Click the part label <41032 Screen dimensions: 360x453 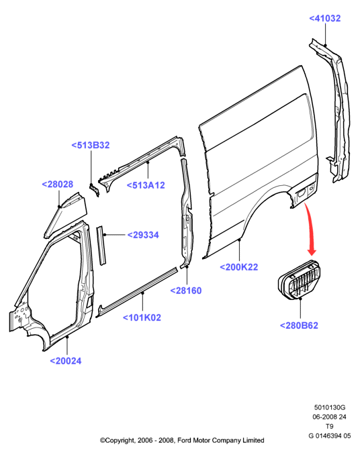pos(324,18)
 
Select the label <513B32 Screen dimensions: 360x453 pos(91,145)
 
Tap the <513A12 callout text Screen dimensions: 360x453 pos(146,185)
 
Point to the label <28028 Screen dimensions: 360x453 pos(58,185)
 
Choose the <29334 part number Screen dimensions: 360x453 pos(143,235)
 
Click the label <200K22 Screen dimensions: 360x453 pos(239,267)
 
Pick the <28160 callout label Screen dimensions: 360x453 pos(186,291)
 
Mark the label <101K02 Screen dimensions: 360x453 pos(142,317)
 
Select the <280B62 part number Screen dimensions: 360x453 pos(299,325)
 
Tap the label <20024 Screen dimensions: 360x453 pos(66,361)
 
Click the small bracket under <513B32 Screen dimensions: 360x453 pos(94,189)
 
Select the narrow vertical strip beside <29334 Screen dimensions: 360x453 pos(101,246)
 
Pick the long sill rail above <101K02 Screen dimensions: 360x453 pos(137,293)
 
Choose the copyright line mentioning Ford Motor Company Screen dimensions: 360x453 pos(182,440)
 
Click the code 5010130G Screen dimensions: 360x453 pos(330,407)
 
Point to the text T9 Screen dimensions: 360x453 pos(330,426)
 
